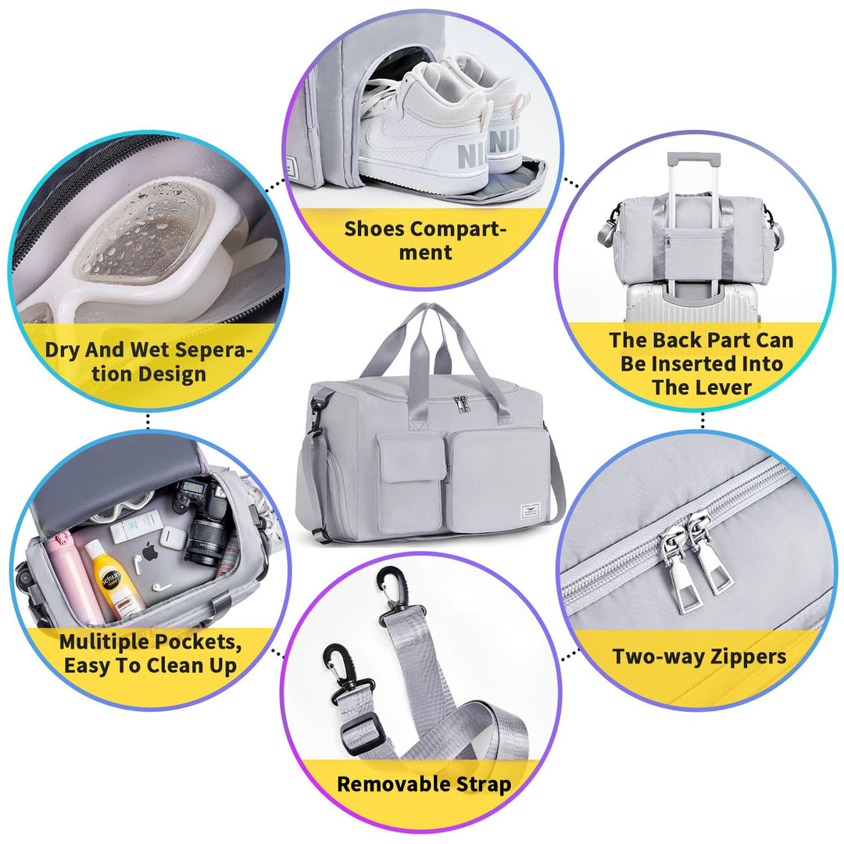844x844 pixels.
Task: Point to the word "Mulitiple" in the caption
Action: (x=102, y=642)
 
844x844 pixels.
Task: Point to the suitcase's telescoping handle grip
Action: (x=693, y=159)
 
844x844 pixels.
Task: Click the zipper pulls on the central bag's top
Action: (x=461, y=402)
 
